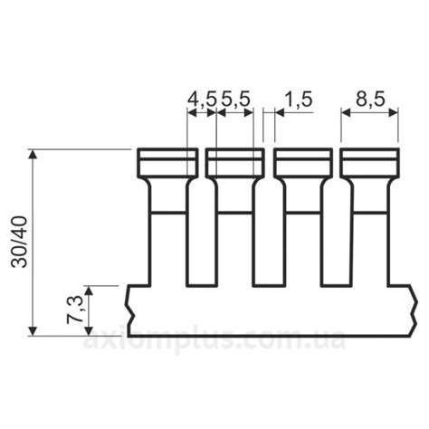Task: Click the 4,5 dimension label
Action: pos(202,100)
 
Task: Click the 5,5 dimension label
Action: pos(236,100)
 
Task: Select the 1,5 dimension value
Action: pos(299,100)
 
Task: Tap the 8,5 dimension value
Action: pos(370,100)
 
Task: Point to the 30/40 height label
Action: pos(19,242)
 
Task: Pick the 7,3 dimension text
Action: pos(74,310)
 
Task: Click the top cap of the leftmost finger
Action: pos(167,163)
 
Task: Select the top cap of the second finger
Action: pos(235,163)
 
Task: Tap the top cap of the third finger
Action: pos(303,163)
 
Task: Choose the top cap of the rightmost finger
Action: pos(370,163)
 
